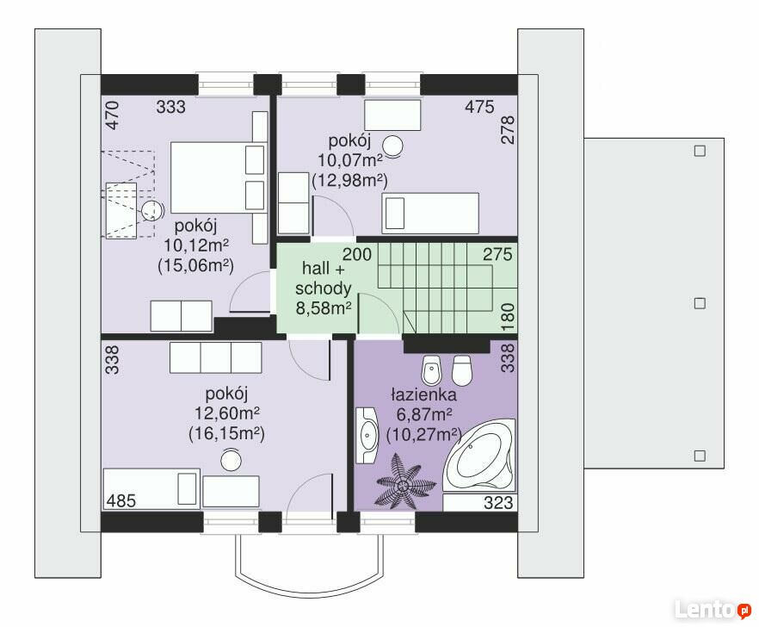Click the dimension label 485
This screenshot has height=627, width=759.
[121, 500]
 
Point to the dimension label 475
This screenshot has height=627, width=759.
[479, 107]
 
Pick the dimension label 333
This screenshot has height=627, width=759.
[171, 107]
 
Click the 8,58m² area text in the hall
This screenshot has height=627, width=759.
[324, 308]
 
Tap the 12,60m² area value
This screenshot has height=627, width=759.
[227, 413]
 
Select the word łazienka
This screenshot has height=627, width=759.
[423, 394]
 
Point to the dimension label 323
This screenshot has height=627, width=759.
[498, 502]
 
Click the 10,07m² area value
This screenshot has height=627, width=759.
[350, 159]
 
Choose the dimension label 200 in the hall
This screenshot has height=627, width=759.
[357, 254]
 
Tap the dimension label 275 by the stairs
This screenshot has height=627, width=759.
[497, 254]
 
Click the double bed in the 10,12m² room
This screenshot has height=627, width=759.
[219, 177]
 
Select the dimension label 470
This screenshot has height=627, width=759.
[112, 115]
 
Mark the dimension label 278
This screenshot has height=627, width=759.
[508, 129]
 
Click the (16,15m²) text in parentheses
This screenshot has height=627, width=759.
[226, 433]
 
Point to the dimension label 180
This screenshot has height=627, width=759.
[508, 317]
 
